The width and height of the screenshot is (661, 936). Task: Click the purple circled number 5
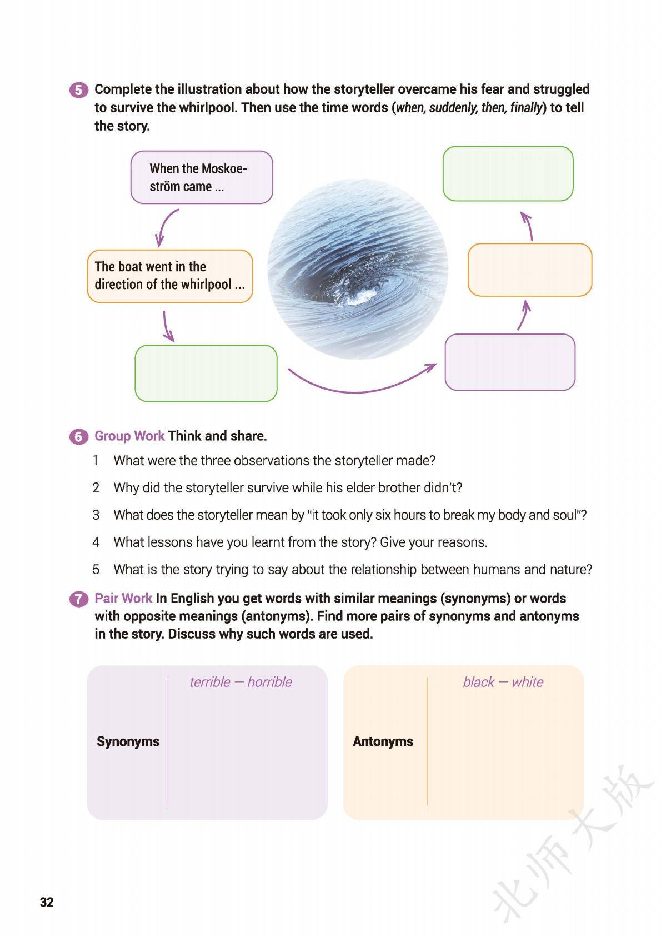(78, 90)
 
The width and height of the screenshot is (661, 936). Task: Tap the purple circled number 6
(78, 436)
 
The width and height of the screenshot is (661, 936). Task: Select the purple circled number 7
(78, 599)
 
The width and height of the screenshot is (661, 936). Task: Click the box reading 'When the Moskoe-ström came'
(201, 177)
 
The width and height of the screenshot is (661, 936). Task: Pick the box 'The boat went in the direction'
(169, 276)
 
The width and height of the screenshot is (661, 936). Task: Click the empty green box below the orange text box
(206, 373)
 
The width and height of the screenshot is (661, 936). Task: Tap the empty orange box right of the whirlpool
(529, 270)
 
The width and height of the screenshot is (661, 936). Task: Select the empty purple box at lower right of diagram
(509, 362)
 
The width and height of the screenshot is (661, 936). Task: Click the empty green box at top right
(507, 173)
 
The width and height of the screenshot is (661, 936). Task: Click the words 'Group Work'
(129, 436)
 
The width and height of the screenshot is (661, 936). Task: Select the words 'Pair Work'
(123, 598)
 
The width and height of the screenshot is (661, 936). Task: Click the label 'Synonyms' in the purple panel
(128, 741)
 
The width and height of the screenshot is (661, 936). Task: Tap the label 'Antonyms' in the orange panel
(383, 741)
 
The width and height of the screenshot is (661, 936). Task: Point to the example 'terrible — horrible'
(240, 682)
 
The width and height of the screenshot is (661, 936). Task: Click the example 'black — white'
(503, 682)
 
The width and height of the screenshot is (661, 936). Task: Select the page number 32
(47, 902)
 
